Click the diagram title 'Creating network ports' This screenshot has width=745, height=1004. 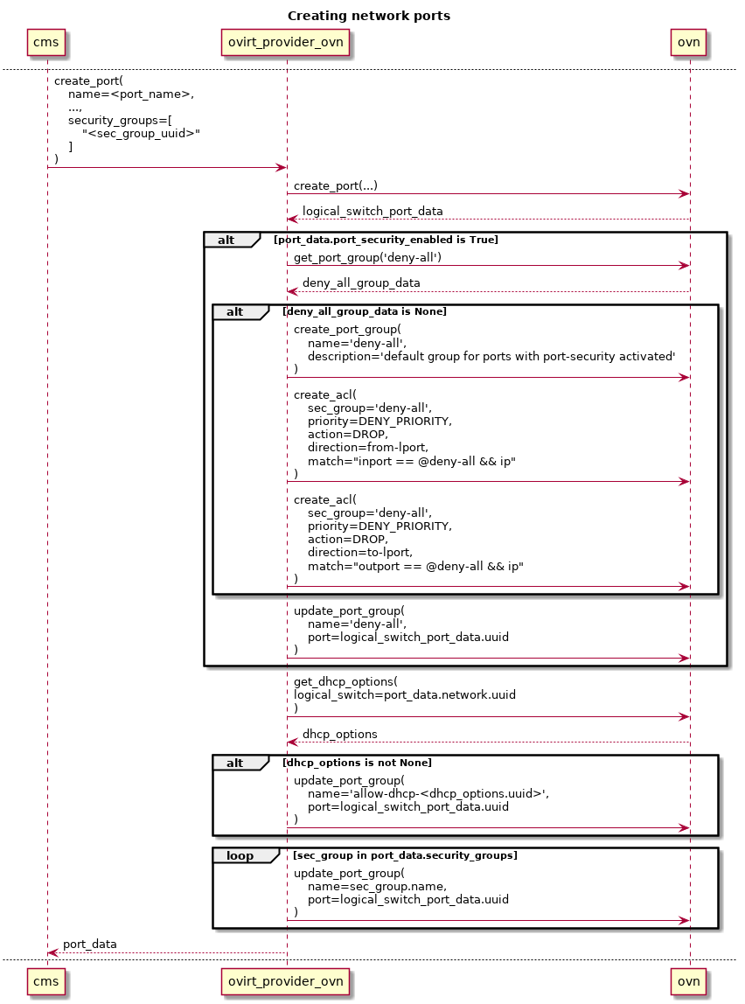pyautogui.click(x=369, y=16)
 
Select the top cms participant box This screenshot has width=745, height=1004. pyautogui.click(x=47, y=41)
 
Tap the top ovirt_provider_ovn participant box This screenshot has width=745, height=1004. pyautogui.click(x=286, y=41)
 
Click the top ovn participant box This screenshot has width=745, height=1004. pyautogui.click(x=689, y=41)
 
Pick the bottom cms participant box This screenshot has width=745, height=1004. pyautogui.click(x=47, y=982)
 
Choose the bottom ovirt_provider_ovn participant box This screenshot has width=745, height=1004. pyautogui.click(x=286, y=982)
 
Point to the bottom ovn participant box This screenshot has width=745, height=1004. pyautogui.click(x=689, y=982)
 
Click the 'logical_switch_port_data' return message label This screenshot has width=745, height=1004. pyautogui.click(x=372, y=211)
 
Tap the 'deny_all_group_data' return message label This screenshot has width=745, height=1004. pyautogui.click(x=361, y=282)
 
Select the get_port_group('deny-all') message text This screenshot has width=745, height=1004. pyautogui.click(x=367, y=257)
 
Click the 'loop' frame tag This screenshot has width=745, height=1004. pyautogui.click(x=240, y=855)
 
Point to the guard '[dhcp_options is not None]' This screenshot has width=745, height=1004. pyautogui.click(x=357, y=763)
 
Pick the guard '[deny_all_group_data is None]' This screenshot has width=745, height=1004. pyautogui.click(x=364, y=311)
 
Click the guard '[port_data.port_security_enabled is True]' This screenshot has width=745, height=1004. pyautogui.click(x=386, y=240)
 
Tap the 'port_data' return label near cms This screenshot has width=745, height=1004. pyautogui.click(x=90, y=945)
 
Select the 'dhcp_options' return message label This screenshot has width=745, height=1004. pyautogui.click(x=340, y=734)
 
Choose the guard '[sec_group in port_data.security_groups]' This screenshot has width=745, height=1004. pyautogui.click(x=405, y=855)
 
